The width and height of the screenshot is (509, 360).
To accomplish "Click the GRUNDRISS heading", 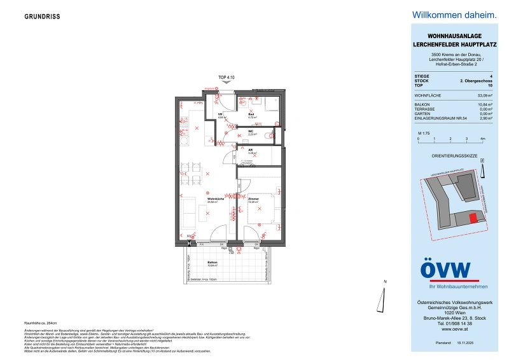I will (43, 17).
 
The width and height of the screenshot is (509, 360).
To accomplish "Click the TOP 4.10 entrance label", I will (227, 77).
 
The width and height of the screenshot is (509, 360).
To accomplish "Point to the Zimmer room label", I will (254, 200).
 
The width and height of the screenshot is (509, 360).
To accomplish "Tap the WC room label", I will (251, 132).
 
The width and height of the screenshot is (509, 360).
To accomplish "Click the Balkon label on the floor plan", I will (213, 263).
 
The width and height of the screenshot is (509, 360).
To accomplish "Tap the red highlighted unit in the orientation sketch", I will (472, 218).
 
